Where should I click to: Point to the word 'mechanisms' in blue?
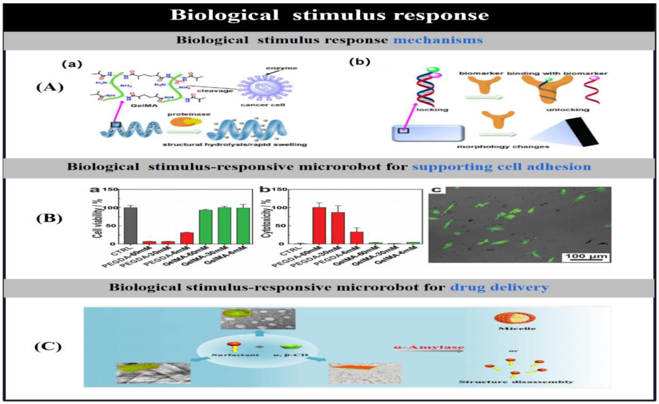(438, 40)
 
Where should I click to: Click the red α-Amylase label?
(429, 347)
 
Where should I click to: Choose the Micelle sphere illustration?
(515, 317)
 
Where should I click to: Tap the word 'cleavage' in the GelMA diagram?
(215, 91)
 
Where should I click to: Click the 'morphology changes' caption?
(503, 147)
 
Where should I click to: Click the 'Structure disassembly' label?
(516, 382)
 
